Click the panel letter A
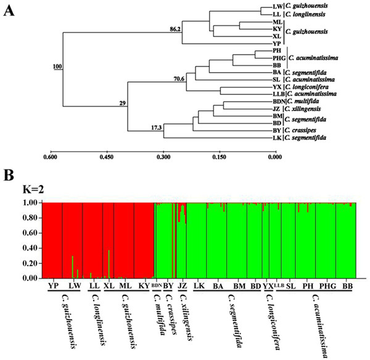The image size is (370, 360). tap(9, 9)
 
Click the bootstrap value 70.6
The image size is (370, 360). tap(179, 79)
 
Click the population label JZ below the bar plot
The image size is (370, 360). tap(181, 287)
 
